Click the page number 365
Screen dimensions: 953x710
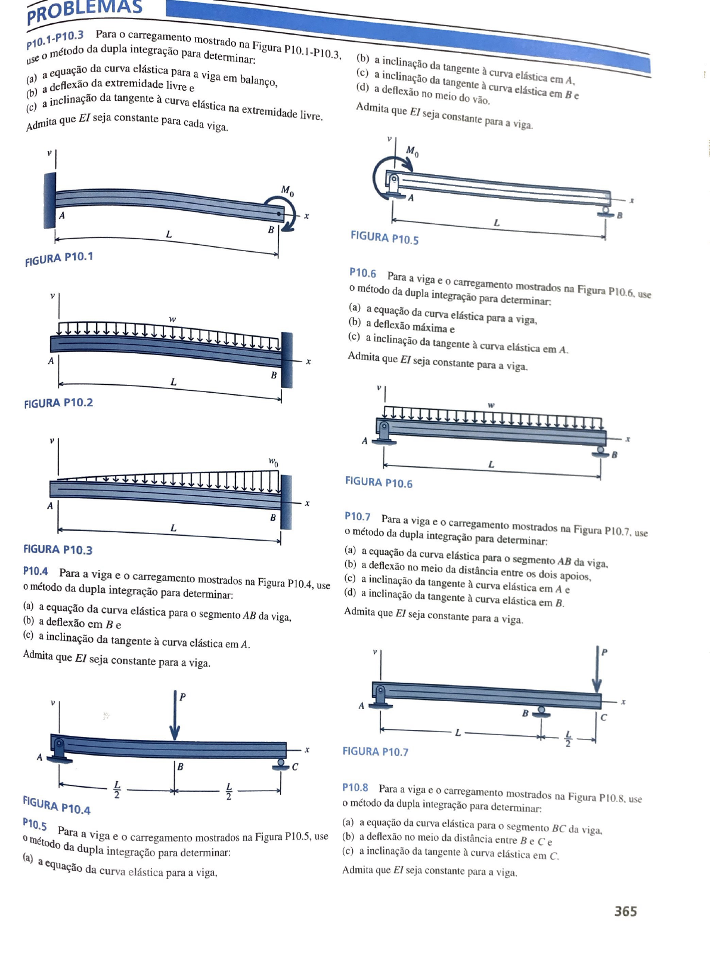[625, 911]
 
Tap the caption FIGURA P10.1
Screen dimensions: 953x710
[59, 259]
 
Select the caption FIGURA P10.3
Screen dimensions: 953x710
[58, 549]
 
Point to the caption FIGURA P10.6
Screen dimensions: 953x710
[379, 482]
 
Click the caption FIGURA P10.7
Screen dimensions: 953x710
[376, 751]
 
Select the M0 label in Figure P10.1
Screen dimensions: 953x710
[287, 191]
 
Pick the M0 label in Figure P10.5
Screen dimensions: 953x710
[412, 151]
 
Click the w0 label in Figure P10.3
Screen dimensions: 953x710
[273, 461]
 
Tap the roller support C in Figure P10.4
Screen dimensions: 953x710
[280, 764]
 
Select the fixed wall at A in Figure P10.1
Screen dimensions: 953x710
[49, 201]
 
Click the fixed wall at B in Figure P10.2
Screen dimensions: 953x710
[287, 360]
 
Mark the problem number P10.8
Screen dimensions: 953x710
[355, 787]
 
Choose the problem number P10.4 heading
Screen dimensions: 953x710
[36, 571]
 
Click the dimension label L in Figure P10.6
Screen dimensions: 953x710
[491, 464]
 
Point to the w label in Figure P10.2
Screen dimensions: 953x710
[172, 319]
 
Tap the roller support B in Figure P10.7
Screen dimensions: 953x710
[541, 711]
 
